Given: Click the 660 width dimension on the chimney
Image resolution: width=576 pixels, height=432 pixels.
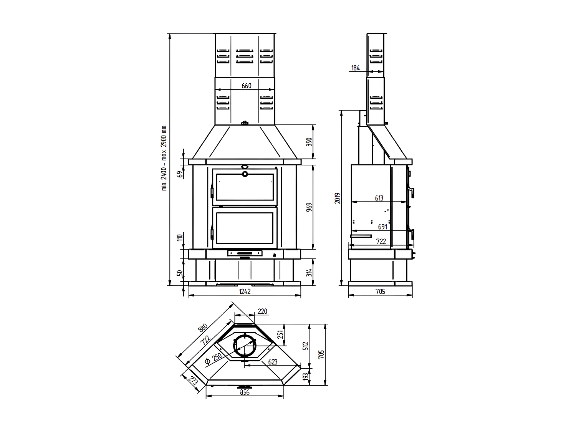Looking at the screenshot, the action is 247,86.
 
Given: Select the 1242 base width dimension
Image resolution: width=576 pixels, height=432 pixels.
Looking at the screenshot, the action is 245,291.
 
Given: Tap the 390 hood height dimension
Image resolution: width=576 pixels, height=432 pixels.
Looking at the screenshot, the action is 310,142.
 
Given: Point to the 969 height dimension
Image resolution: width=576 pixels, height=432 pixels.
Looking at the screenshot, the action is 310,207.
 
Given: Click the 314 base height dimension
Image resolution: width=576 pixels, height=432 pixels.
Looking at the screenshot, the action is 310,273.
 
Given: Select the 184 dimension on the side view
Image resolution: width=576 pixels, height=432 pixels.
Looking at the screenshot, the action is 356,68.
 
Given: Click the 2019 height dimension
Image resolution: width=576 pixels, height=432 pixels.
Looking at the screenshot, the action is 338,198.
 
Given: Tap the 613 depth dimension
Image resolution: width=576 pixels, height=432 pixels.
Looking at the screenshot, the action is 379,198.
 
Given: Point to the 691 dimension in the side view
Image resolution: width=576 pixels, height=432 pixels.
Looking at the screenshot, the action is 382,227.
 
